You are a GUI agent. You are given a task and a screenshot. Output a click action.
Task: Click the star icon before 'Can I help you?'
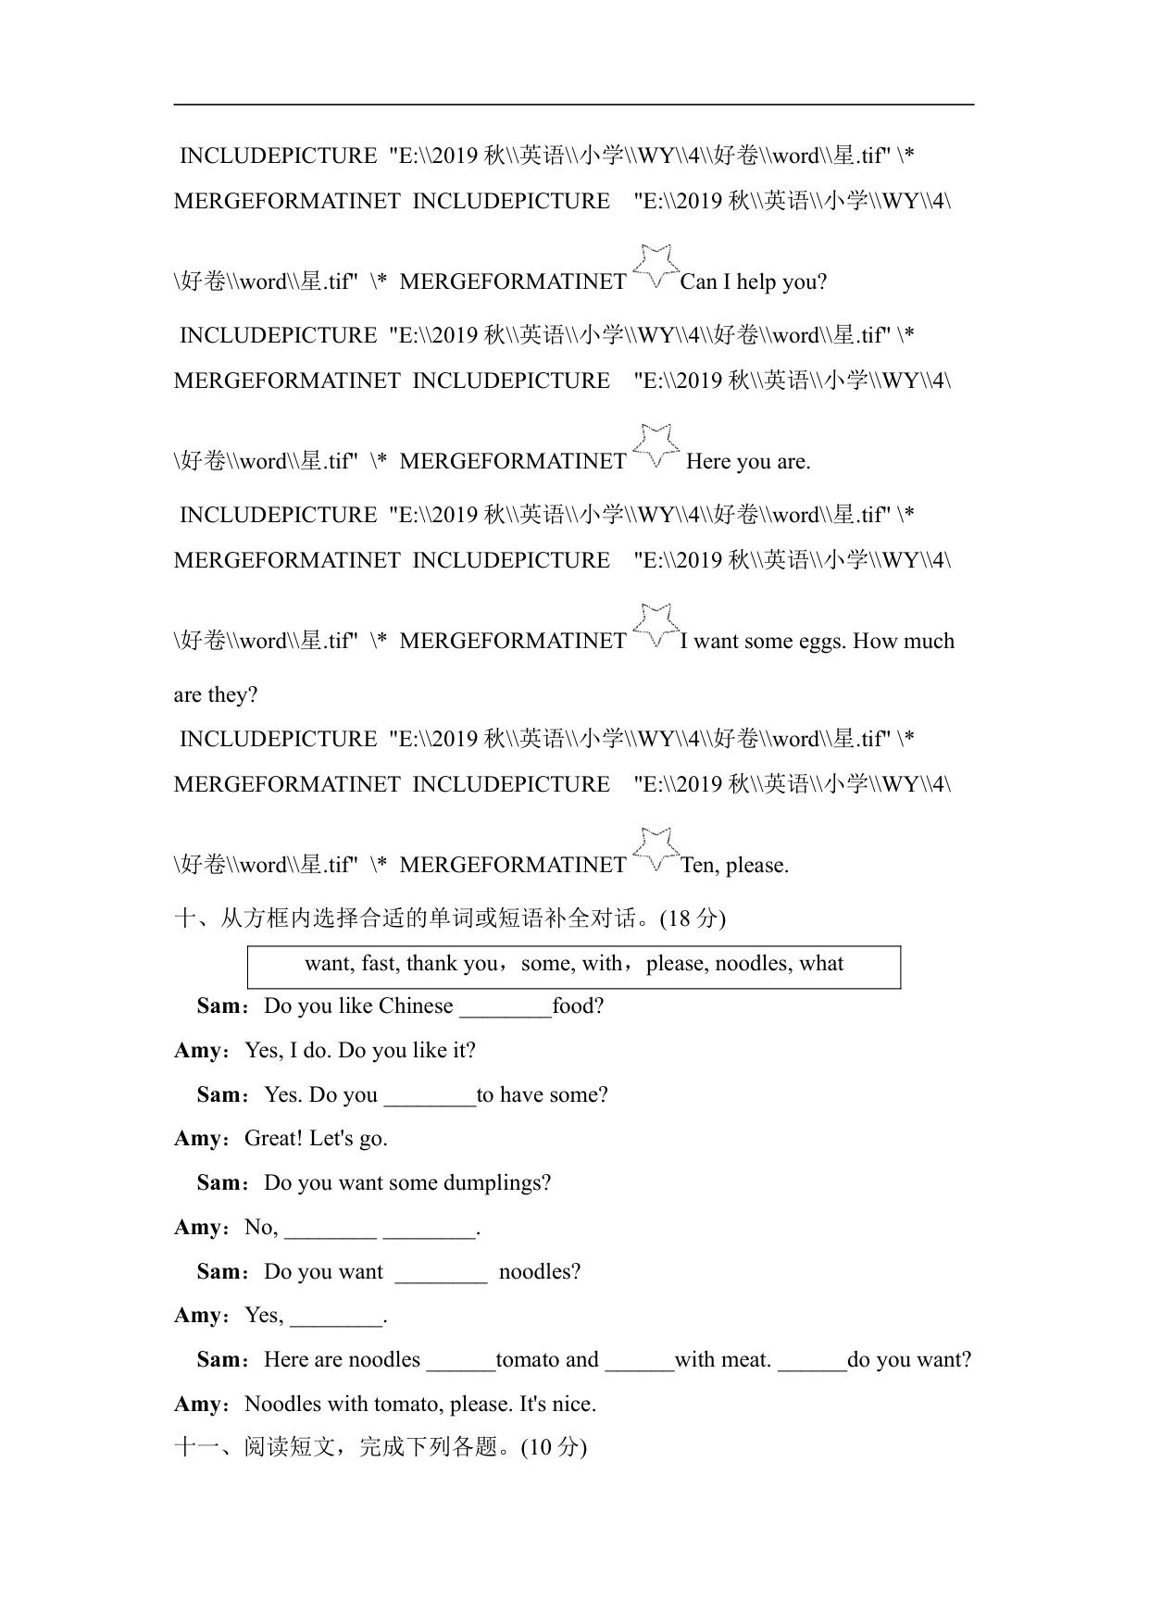point(656,266)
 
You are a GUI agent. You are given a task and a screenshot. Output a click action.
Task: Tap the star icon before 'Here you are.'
point(656,445)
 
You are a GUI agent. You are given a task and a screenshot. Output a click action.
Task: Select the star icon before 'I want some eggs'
point(656,625)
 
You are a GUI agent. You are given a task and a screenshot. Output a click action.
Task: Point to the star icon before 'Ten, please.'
point(656,849)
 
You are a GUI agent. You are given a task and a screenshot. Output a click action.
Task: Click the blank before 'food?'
point(506,1007)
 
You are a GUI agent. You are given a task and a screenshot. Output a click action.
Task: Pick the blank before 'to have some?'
point(430,1096)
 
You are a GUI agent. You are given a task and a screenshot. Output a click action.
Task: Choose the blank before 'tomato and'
point(461,1361)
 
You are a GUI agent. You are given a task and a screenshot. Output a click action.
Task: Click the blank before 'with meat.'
point(640,1361)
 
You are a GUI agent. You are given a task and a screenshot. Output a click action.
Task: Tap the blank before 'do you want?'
point(812,1361)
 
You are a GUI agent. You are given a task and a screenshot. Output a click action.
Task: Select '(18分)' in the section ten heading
point(692,918)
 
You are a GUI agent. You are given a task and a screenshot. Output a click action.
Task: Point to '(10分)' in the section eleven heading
point(554,1447)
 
